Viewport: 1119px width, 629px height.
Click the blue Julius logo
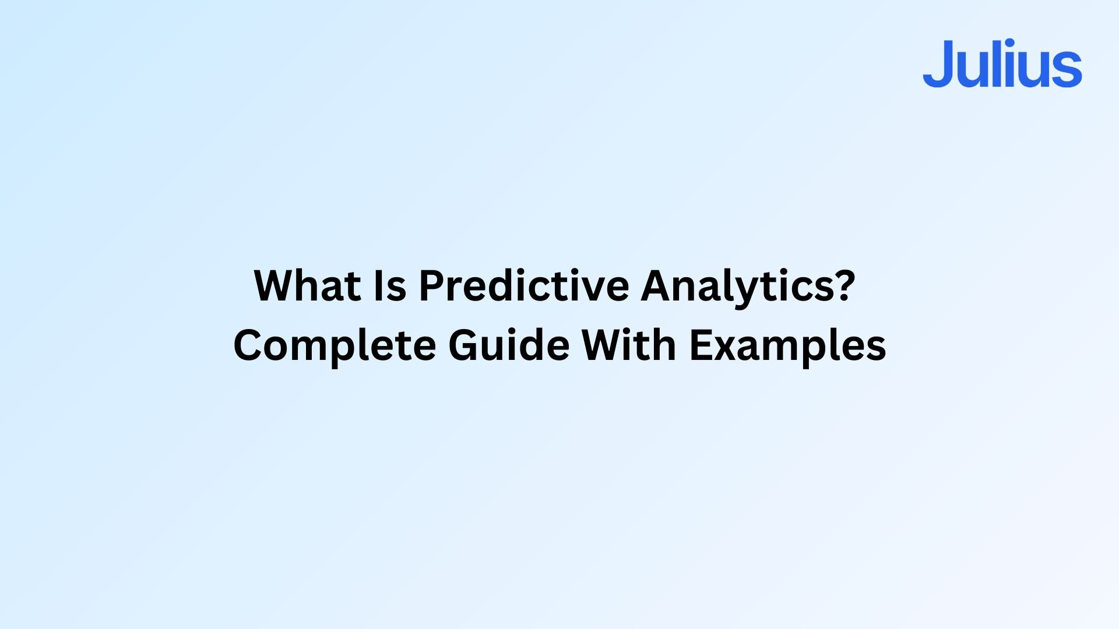point(1002,63)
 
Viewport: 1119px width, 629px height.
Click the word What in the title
point(308,285)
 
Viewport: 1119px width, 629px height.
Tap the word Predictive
point(524,285)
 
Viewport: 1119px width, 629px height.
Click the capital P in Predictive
point(432,285)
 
